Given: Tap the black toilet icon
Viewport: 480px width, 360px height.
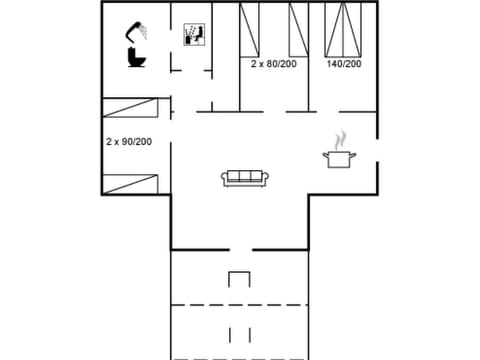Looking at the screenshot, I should [137, 58].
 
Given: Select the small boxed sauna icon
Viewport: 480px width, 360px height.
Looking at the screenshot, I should [194, 34].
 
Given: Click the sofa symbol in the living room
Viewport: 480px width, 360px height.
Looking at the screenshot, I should [242, 178].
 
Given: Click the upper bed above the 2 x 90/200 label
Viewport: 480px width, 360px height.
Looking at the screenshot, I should [131, 109].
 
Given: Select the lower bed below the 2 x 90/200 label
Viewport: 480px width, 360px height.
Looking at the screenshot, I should [131, 182].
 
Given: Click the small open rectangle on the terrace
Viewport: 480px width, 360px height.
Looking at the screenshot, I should [239, 279].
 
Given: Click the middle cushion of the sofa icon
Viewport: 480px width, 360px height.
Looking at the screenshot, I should [242, 177].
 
